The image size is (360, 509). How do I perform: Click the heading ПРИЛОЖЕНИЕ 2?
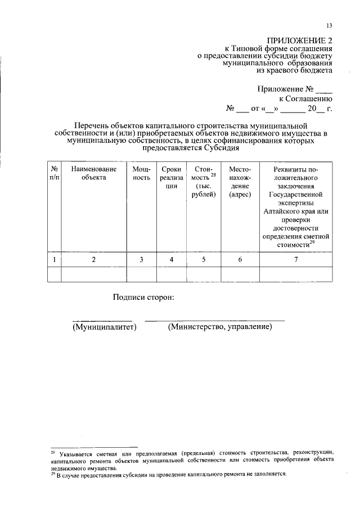tap(300, 40)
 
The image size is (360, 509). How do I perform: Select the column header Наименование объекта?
tap(93, 173)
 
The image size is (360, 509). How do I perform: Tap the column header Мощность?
tap(141, 173)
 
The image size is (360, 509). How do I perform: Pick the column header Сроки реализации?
tap(171, 178)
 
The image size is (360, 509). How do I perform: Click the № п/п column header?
tap(55, 173)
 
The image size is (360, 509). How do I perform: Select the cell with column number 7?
tap(296, 259)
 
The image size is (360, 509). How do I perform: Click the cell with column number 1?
tap(55, 259)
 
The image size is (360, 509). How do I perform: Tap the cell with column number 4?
tap(171, 259)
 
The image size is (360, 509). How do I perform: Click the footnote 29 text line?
tap(169, 474)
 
